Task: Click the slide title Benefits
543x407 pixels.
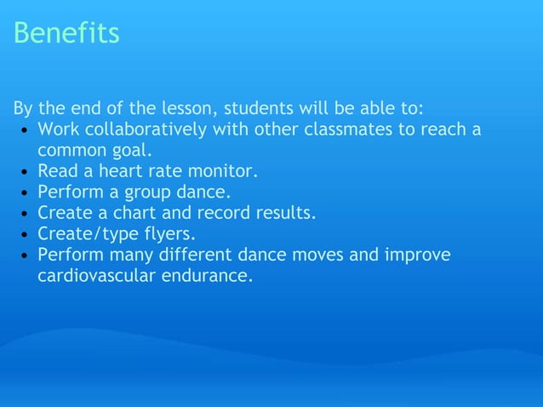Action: click(x=66, y=33)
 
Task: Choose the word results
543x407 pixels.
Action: click(x=285, y=213)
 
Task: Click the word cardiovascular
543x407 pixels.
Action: click(x=97, y=275)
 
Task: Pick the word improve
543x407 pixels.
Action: click(x=417, y=255)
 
